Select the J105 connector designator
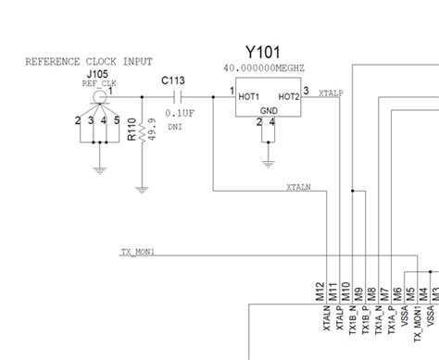[x=96, y=72]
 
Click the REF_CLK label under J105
[x=97, y=81]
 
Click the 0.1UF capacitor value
[x=179, y=112]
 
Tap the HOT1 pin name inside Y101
[x=248, y=95]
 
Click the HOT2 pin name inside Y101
[x=287, y=95]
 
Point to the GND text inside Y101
[x=267, y=108]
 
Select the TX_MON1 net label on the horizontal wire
[x=138, y=252]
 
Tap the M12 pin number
[x=320, y=290]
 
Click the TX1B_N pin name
[x=357, y=319]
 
